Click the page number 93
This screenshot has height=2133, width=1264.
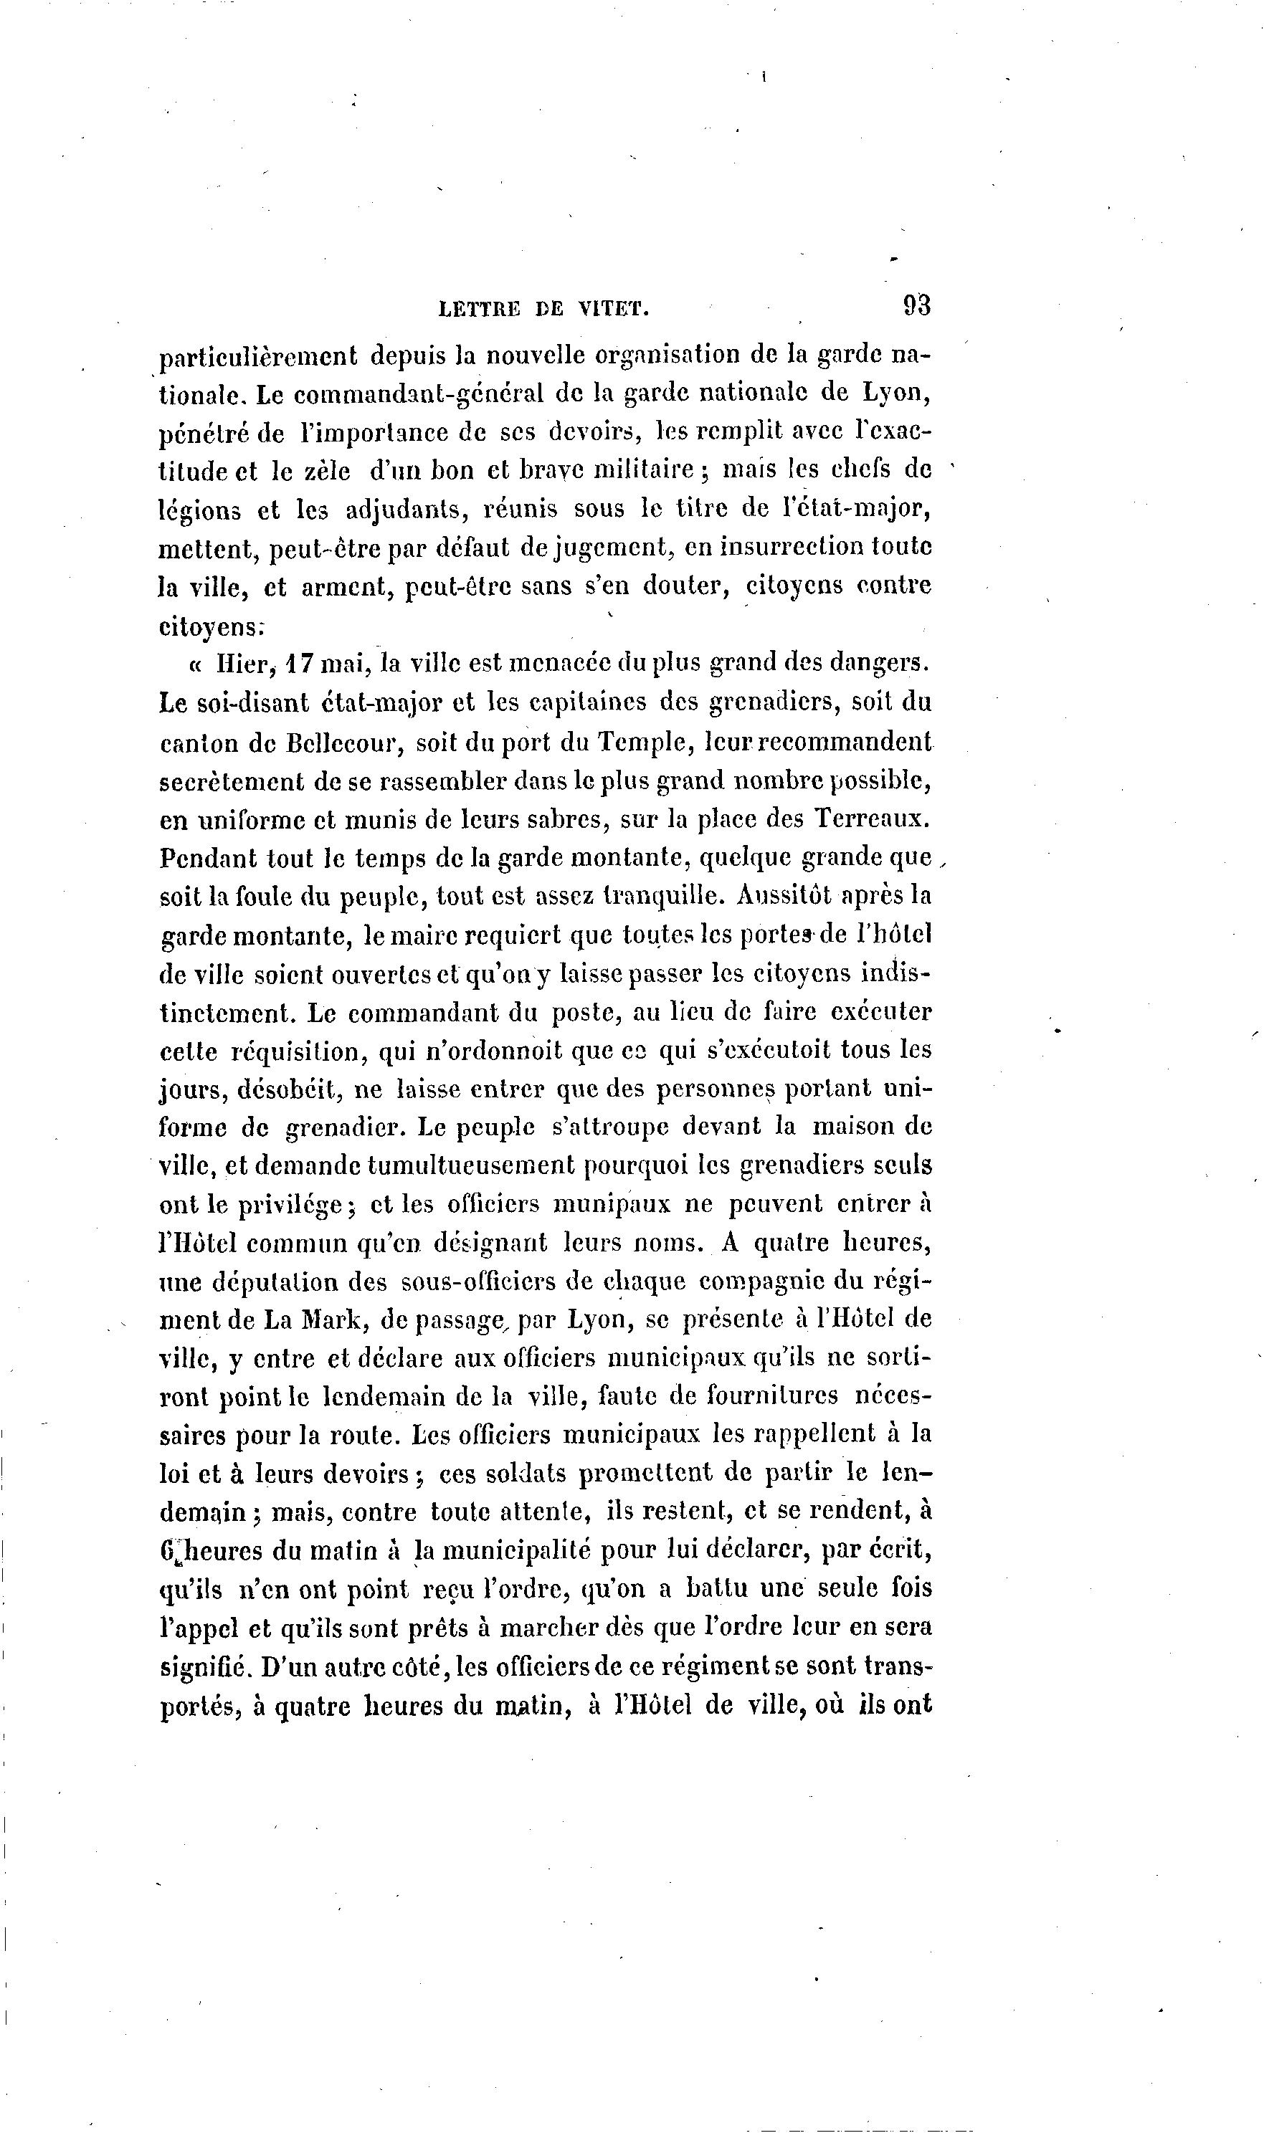[916, 305]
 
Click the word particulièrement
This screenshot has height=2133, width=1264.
[259, 356]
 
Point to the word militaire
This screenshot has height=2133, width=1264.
[645, 470]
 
